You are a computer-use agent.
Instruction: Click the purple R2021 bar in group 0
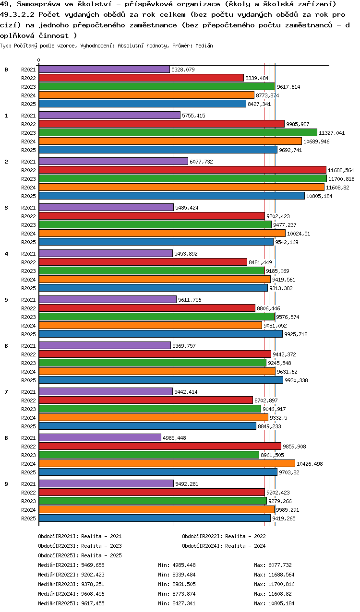[104, 70]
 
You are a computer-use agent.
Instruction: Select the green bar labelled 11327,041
[178, 133]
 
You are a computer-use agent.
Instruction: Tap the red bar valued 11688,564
[182, 170]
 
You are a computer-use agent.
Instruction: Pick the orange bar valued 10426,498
[167, 463]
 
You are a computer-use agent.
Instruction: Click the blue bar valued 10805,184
[171, 196]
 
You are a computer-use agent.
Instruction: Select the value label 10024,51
[299, 234]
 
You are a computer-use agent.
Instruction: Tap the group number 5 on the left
[6, 300]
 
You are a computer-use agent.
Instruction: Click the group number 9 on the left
[6, 484]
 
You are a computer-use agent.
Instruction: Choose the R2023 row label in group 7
[28, 409]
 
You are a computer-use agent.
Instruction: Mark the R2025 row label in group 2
[28, 196]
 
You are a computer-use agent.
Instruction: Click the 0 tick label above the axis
[38, 60]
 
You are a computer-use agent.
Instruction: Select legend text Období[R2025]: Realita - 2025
[80, 555]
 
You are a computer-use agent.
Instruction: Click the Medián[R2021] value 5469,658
[93, 565]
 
